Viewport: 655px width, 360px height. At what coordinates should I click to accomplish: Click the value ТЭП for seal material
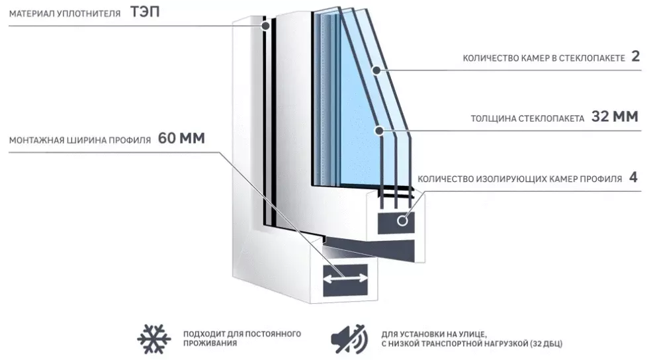tap(145, 12)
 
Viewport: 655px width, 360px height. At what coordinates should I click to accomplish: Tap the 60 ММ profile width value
tap(181, 138)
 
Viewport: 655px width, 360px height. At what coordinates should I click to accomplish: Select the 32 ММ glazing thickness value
tap(615, 116)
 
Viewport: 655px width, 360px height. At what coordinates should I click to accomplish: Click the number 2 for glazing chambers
tap(635, 56)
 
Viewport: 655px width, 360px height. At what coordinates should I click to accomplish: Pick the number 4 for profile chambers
tap(633, 177)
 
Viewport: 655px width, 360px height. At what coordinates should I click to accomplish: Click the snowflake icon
tap(153, 339)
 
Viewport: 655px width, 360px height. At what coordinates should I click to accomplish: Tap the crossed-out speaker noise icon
tap(349, 339)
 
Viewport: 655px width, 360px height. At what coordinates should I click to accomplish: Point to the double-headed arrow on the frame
tap(345, 278)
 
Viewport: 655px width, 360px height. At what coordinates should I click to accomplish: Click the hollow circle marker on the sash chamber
tap(402, 220)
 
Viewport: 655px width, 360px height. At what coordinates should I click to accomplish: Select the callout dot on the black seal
tap(265, 26)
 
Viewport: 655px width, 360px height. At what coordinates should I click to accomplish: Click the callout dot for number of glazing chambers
tap(376, 70)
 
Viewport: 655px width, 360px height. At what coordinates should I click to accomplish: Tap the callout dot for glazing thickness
tap(379, 131)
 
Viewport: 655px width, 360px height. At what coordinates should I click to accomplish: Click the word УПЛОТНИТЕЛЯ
tap(89, 14)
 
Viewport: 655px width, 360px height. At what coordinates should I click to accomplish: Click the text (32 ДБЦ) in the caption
tap(546, 343)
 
